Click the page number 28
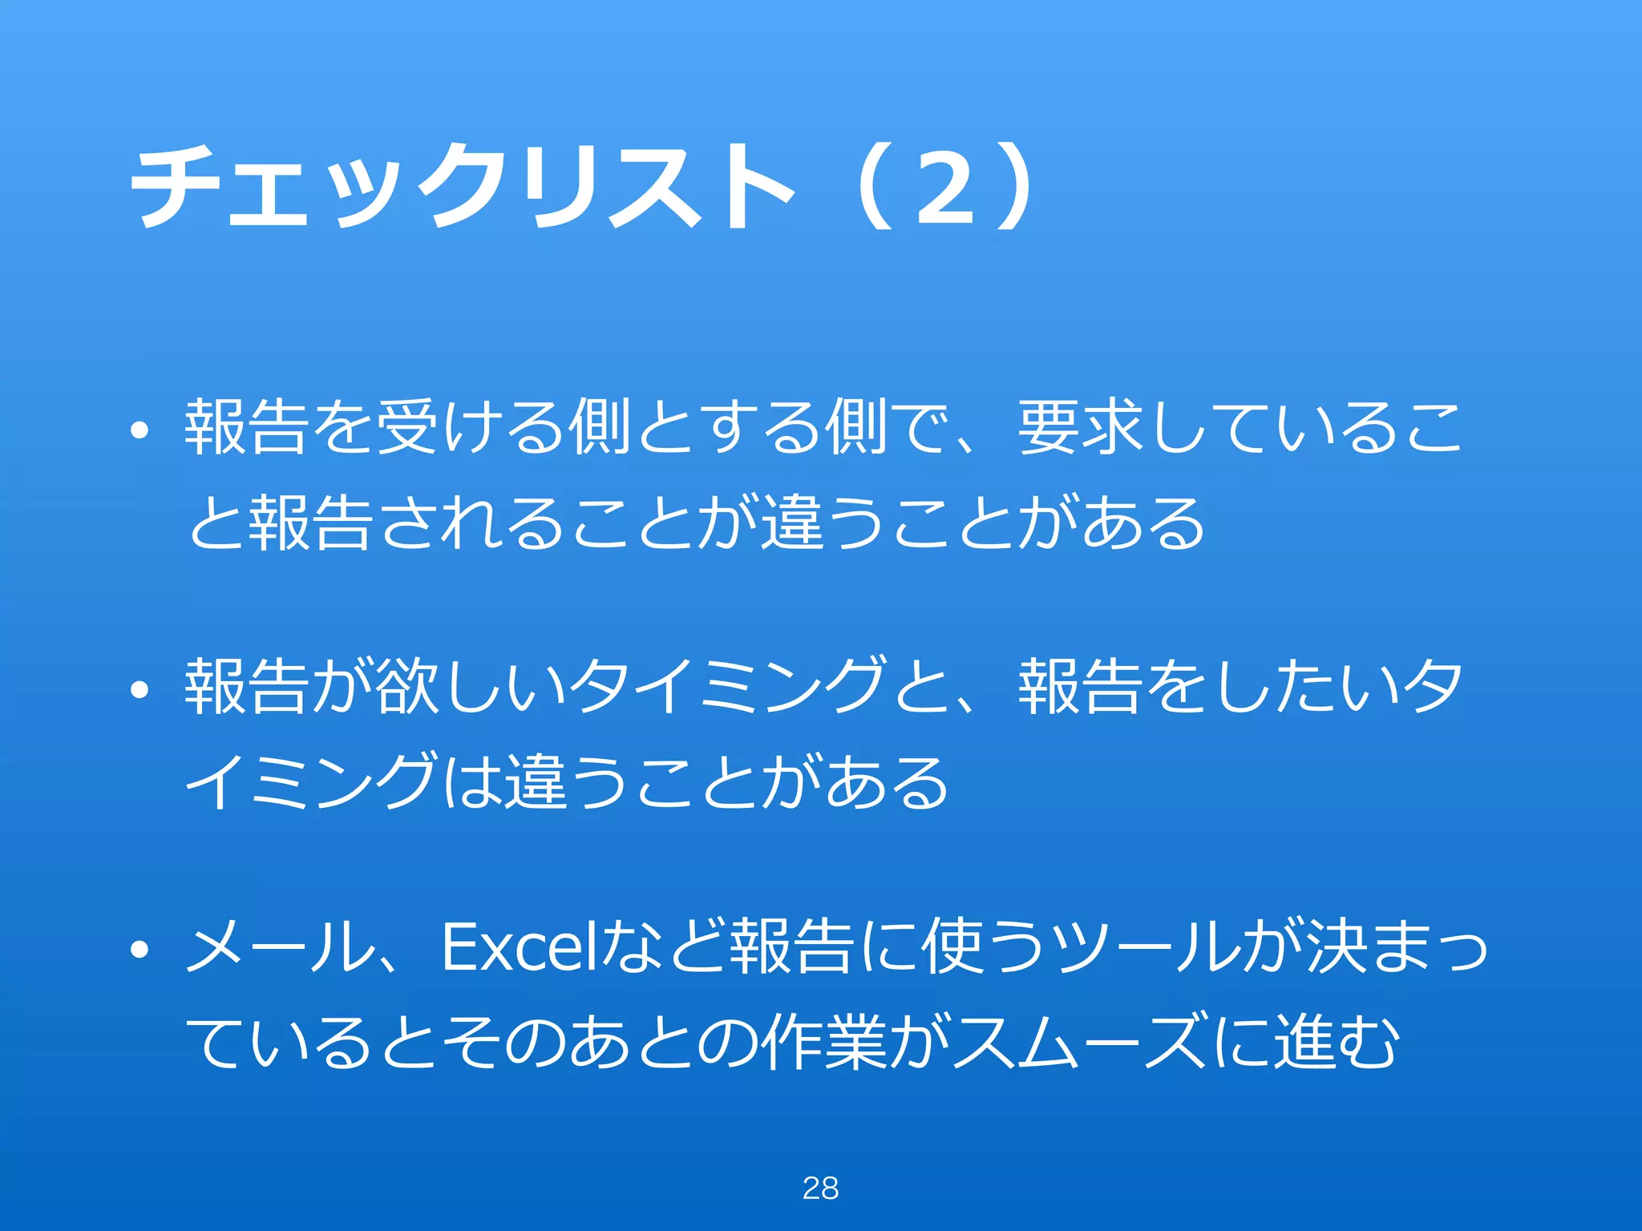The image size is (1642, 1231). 820,1188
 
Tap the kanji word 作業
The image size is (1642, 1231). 825,1043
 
